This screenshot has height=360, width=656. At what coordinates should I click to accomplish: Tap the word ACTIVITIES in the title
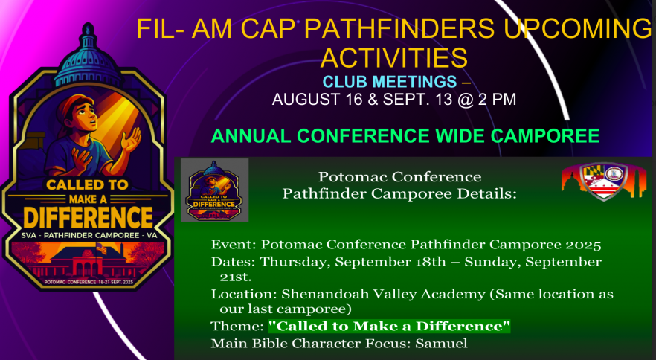pyautogui.click(x=393, y=58)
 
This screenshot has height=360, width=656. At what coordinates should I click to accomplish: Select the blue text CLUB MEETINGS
pyautogui.click(x=390, y=82)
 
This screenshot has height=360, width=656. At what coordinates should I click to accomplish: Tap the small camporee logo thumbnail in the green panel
pyautogui.click(x=215, y=190)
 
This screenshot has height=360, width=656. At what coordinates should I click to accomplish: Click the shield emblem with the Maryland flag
pyautogui.click(x=604, y=181)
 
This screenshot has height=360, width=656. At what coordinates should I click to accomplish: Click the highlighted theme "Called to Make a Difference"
pyautogui.click(x=390, y=326)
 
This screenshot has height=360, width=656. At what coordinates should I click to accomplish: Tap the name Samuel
pyautogui.click(x=441, y=344)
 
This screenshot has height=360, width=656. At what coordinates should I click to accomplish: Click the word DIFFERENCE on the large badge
pyautogui.click(x=89, y=218)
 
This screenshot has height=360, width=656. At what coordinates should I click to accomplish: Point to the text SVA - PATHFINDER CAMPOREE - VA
pyautogui.click(x=89, y=235)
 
